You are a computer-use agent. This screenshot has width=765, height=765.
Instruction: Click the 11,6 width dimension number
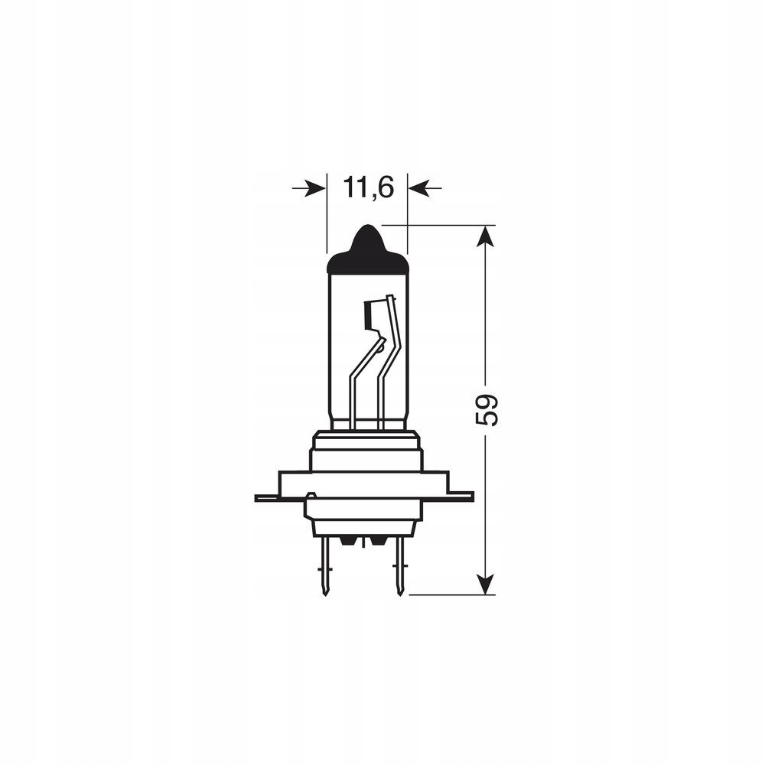pyautogui.click(x=367, y=187)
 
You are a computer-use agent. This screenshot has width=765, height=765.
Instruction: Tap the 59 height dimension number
pyautogui.click(x=487, y=410)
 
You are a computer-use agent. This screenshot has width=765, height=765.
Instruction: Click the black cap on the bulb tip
pyautogui.click(x=367, y=252)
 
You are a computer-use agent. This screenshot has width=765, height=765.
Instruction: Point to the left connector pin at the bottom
pyautogui.click(x=327, y=566)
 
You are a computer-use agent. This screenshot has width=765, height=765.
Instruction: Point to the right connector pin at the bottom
pyautogui.click(x=397, y=566)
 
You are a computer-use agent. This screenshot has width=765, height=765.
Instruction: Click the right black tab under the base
pyautogui.click(x=376, y=542)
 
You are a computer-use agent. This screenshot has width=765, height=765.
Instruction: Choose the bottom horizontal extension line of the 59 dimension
pyautogui.click(x=444, y=593)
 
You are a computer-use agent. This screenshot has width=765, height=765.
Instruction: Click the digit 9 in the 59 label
pyautogui.click(x=487, y=400)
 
